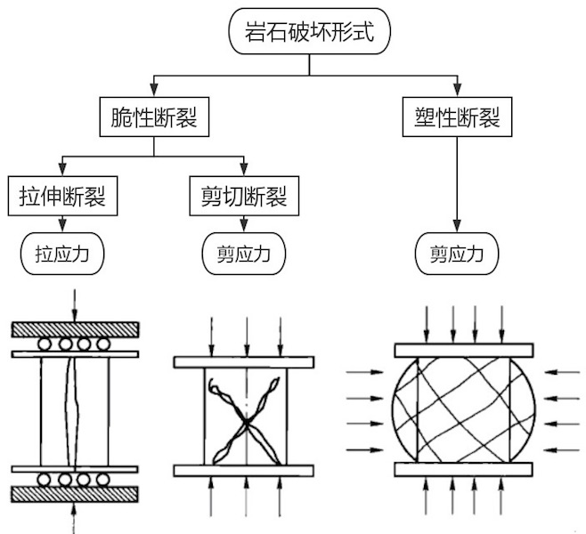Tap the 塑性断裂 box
pyautogui.click(x=457, y=117)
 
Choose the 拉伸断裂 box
pyautogui.click(x=62, y=195)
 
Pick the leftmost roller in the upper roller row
pyautogui.click(x=42, y=344)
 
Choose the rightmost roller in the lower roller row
pyautogui.click(x=105, y=480)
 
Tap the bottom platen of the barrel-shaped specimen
pyautogui.click(x=461, y=469)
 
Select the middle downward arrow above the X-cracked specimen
pyautogui.click(x=244, y=334)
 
